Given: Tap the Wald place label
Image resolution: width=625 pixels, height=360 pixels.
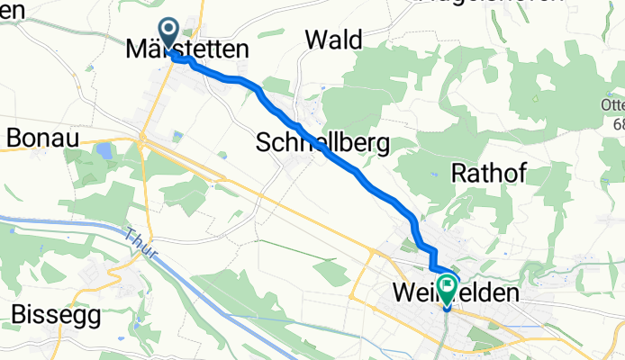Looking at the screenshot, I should pyautogui.click(x=333, y=40).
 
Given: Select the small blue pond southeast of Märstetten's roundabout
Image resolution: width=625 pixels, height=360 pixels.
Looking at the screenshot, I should pyautogui.click(x=177, y=136).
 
